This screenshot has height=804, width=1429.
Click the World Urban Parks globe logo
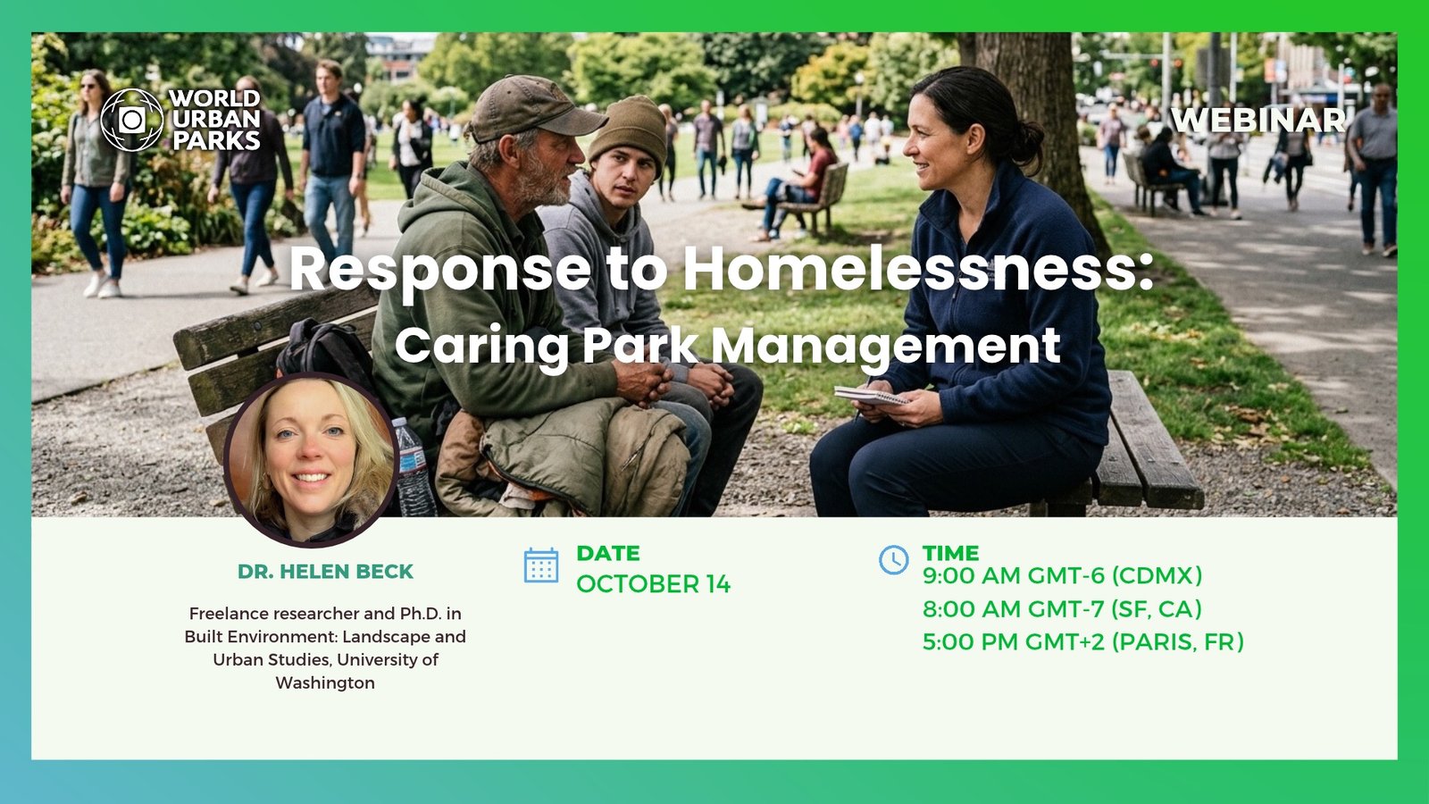coord(132,120)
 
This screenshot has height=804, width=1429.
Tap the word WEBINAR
coord(1258,120)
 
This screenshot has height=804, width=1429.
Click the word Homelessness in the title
coord(919,269)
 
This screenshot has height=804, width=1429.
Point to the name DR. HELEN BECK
coord(325,572)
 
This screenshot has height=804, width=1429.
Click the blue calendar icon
coord(541,565)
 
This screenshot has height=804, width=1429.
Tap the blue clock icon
coord(893,559)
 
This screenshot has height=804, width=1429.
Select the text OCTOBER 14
coord(653,584)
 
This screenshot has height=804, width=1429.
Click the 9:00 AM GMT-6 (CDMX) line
coord(1062,575)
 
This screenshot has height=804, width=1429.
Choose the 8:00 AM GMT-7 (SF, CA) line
coord(1062,608)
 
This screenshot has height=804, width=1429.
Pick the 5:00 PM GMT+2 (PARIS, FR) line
coord(1083,642)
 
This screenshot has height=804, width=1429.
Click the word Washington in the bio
coord(325,683)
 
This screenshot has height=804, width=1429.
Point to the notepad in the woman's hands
coord(872,397)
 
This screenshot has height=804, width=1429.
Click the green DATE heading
coord(608,553)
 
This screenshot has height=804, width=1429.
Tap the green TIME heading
coord(950,553)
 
